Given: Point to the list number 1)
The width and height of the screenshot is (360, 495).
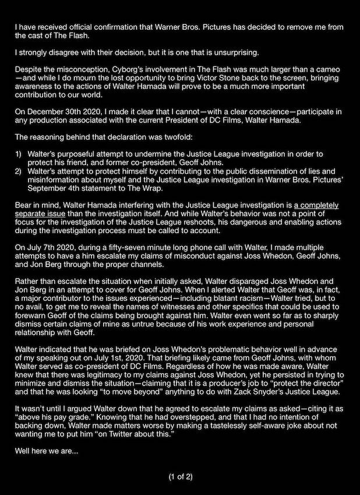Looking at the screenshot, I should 19,153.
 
